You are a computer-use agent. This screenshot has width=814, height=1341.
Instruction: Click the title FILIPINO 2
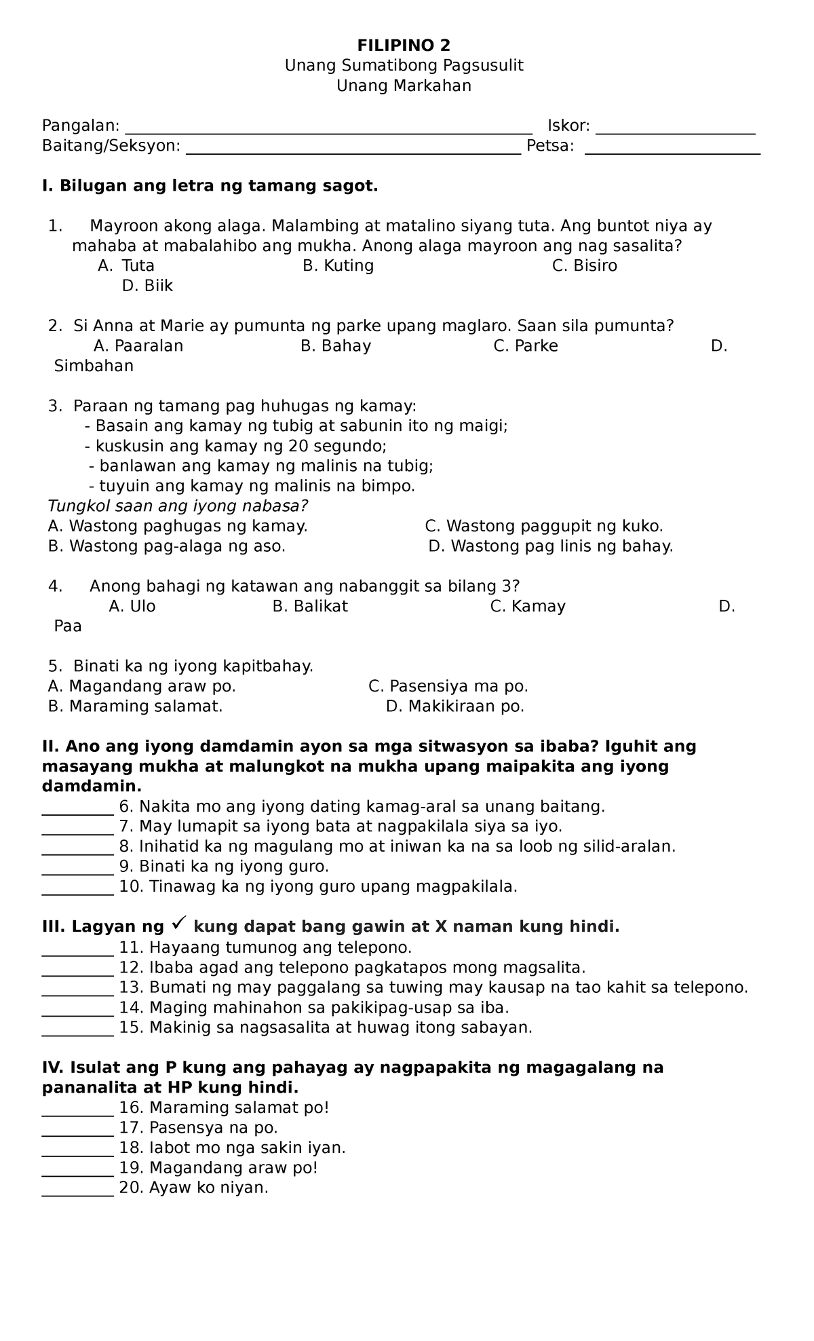tap(404, 45)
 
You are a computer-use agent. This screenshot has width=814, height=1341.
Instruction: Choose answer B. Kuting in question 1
tap(338, 265)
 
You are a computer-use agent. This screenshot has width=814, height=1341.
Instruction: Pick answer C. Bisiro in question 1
tap(584, 265)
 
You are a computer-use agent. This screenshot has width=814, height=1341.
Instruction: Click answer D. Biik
tap(147, 286)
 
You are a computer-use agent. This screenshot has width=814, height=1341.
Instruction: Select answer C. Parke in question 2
tap(526, 346)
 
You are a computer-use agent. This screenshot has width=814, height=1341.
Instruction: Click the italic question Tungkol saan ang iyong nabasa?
tap(178, 506)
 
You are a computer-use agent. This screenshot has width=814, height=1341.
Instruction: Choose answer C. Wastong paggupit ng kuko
tap(543, 526)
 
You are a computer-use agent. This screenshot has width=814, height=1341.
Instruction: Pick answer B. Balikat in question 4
tap(310, 606)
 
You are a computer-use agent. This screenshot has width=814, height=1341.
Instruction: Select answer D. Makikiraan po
tap(454, 706)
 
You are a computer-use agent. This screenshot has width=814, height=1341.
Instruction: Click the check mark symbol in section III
tap(180, 924)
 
